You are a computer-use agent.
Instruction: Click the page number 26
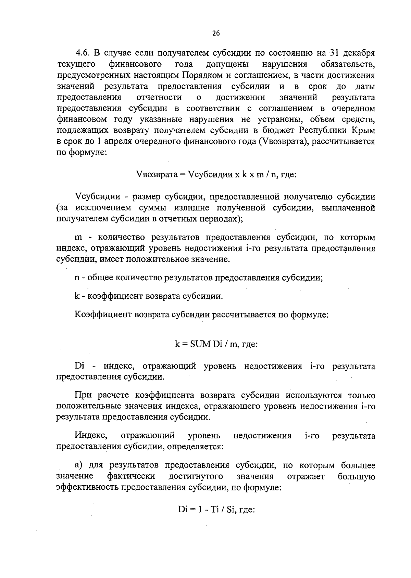coord(216,33)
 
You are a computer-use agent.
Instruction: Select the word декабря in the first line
coord(358,53)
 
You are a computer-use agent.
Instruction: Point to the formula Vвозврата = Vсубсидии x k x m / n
coord(216,175)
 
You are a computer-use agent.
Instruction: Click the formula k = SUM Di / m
coord(216,344)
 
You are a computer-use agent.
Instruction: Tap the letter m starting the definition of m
coord(77,237)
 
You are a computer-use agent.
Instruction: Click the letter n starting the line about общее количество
coord(77,278)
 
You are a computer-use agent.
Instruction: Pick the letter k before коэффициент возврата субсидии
coord(77,296)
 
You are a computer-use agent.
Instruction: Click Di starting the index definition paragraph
coord(79,366)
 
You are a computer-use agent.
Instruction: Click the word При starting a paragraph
coord(83,396)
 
